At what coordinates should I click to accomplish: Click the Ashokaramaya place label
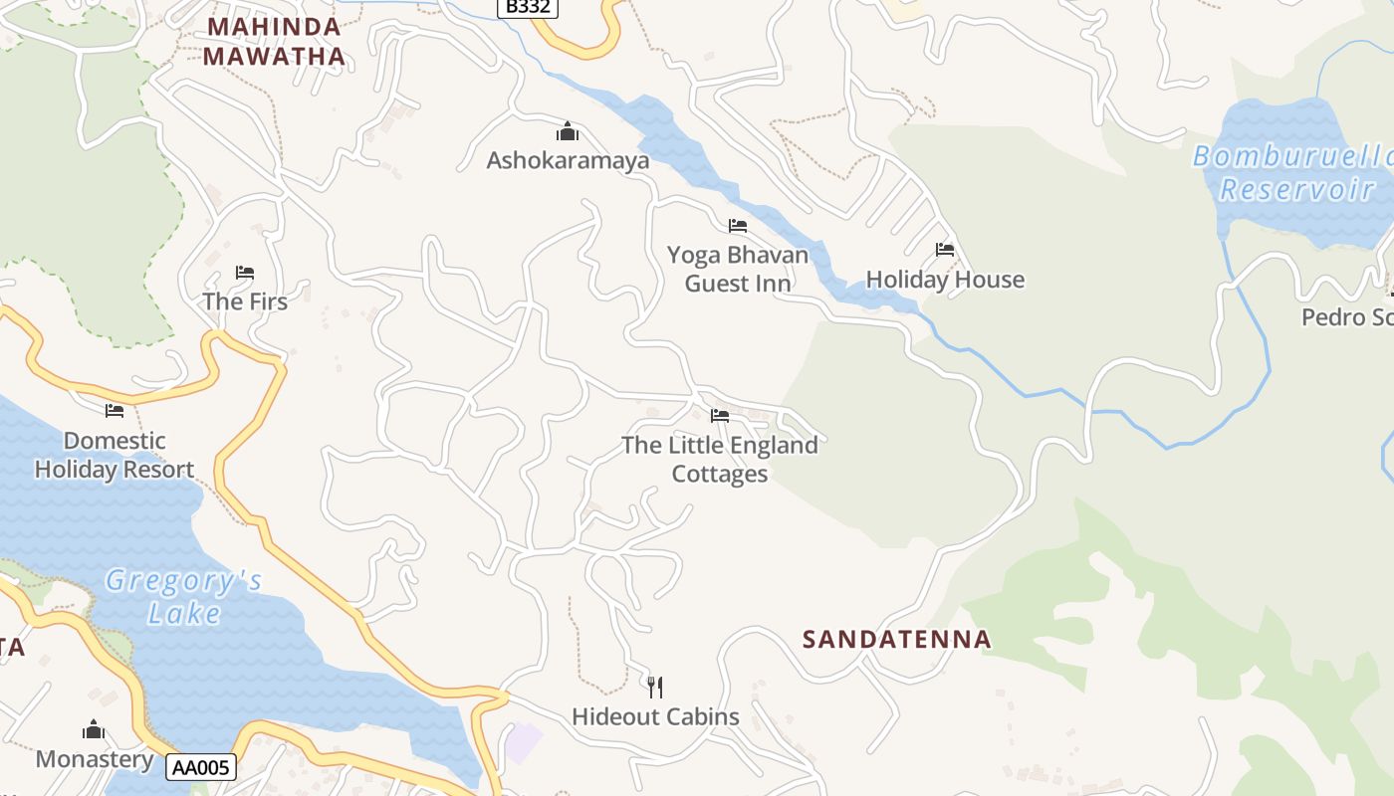tap(568, 160)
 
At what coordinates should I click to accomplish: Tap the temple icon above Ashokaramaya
tap(568, 131)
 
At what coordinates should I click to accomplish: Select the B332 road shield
tap(527, 7)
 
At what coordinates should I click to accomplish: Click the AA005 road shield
tap(202, 766)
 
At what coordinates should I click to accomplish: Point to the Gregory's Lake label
tap(184, 596)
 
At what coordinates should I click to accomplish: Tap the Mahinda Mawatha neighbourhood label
tap(274, 42)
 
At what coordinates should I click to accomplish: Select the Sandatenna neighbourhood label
tap(897, 639)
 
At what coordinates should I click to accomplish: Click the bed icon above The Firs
tap(245, 273)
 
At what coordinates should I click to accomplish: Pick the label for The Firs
tap(245, 301)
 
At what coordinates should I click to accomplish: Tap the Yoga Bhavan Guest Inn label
tap(738, 269)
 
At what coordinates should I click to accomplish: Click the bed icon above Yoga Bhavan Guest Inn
tap(738, 226)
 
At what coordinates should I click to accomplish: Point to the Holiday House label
tap(945, 280)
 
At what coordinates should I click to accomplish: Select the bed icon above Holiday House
tap(945, 250)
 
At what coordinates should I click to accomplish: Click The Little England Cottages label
tap(720, 459)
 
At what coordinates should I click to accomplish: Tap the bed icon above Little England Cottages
tap(720, 415)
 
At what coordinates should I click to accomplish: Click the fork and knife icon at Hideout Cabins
tap(655, 687)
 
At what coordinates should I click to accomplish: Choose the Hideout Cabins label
tap(655, 716)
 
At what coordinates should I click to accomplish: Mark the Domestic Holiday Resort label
tap(115, 455)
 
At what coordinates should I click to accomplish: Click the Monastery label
tap(95, 759)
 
